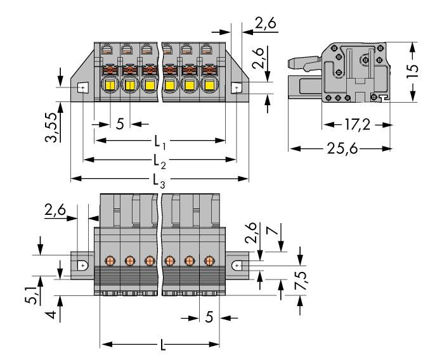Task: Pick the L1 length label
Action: coord(160,139)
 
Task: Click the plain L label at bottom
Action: coord(164,345)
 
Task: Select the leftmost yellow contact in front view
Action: coord(109,86)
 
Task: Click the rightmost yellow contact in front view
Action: coord(208,86)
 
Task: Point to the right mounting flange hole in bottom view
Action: coord(238,266)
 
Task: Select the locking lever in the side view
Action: coord(304,62)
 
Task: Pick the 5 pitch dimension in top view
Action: coord(120,123)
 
